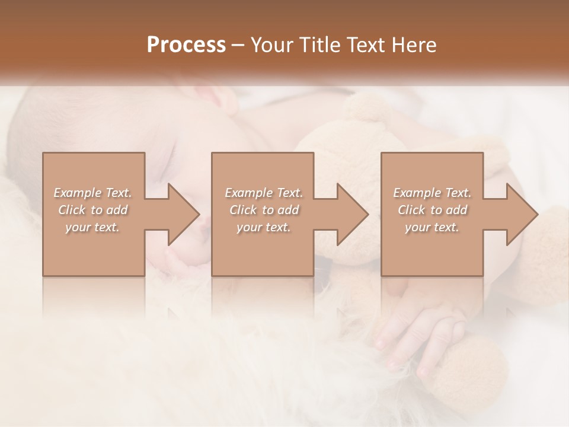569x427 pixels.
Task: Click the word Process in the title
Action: [186, 45]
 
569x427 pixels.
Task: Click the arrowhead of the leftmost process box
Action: [181, 214]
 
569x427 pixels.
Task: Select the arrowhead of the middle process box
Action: [350, 214]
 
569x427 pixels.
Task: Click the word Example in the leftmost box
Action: [77, 193]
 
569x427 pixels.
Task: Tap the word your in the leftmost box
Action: [76, 228]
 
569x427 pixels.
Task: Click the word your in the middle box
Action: [248, 228]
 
